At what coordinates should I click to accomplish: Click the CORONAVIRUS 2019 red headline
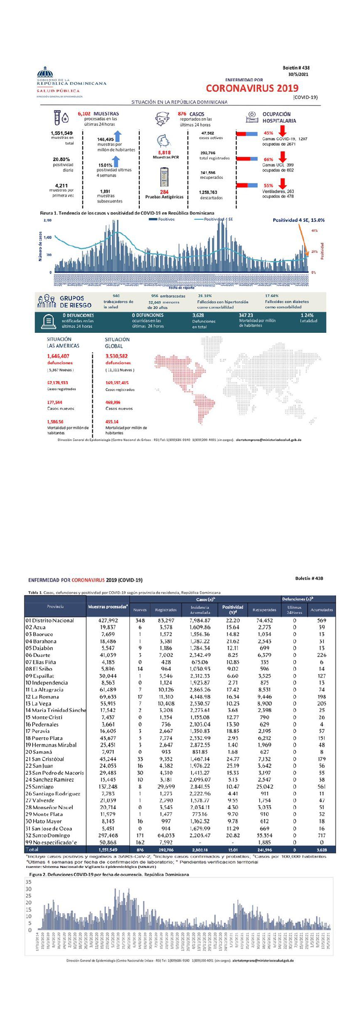(x=252, y=88)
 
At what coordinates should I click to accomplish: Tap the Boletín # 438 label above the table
(x=309, y=578)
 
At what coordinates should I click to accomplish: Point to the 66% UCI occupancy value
(x=268, y=159)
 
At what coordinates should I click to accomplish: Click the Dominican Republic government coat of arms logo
(x=45, y=72)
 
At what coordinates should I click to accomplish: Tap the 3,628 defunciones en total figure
(x=198, y=315)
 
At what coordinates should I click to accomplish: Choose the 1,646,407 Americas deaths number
(x=58, y=356)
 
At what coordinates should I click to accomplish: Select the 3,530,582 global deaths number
(x=117, y=356)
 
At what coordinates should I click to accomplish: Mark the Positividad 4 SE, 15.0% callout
(x=298, y=220)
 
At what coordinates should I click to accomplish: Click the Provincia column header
(x=55, y=607)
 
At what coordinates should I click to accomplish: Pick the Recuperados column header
(x=264, y=610)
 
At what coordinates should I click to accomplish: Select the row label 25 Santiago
(x=39, y=786)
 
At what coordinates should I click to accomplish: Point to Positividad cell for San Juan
(x=232, y=765)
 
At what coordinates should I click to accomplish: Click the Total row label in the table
(x=32, y=849)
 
